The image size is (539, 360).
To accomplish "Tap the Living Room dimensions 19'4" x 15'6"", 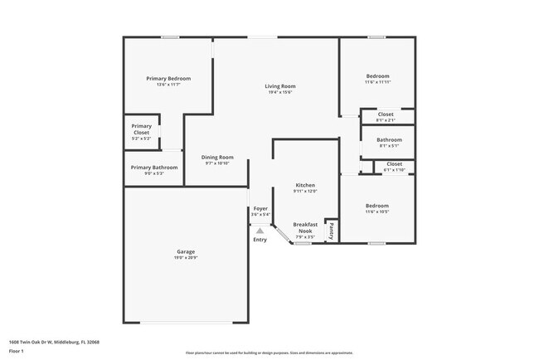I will [280, 92].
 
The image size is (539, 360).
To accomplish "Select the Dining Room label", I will [217, 157].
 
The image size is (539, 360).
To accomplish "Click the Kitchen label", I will [305, 185].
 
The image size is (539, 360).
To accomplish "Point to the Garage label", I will [186, 251].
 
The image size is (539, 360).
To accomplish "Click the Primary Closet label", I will [141, 129].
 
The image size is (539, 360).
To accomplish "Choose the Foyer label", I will [260, 208].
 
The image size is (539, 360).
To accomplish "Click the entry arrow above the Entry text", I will [260, 231].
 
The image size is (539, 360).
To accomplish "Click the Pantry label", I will [332, 230].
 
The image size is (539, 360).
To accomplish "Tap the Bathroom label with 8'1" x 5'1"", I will [389, 140].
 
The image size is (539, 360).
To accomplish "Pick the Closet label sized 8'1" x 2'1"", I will [386, 114].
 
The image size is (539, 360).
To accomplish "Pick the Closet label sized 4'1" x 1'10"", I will [394, 164].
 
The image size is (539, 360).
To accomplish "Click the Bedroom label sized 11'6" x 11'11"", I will [377, 76].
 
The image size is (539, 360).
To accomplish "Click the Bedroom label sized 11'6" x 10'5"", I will [377, 205].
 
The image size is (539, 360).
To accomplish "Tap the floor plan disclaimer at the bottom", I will [269, 353].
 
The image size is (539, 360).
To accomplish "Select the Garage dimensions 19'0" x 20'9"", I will [186, 257].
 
